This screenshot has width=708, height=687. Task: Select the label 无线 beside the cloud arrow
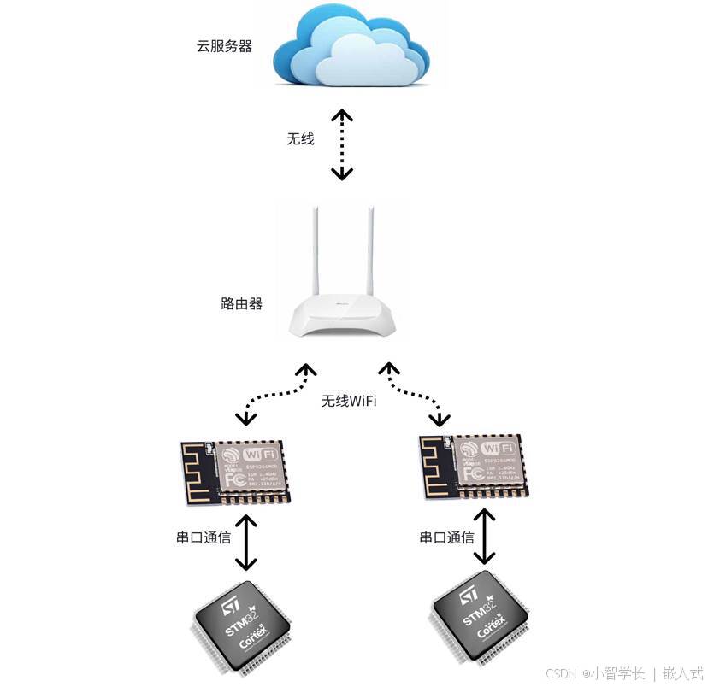[x=300, y=138]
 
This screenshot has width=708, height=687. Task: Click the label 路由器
[x=241, y=303]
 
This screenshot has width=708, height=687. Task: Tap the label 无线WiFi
[x=349, y=401]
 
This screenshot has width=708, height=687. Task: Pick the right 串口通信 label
[x=446, y=537]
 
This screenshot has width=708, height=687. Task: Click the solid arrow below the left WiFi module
[x=246, y=543]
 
